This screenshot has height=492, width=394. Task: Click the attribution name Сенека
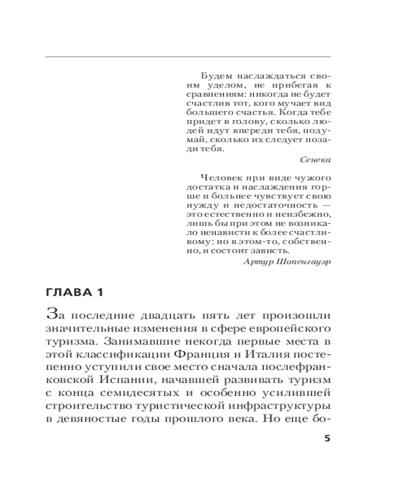pos(315,159)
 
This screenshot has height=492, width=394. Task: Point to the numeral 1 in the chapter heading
pos(100,293)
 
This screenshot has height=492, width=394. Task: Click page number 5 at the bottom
pos(327,438)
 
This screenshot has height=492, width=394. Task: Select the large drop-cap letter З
pos(50,313)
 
